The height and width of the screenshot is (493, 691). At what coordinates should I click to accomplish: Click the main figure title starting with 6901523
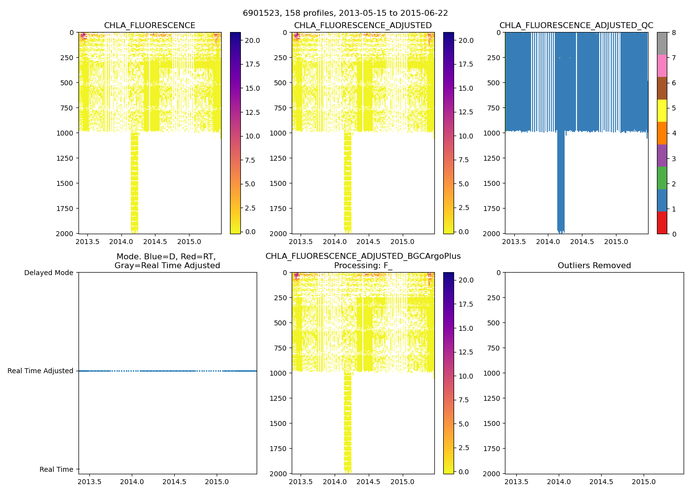[x=345, y=13]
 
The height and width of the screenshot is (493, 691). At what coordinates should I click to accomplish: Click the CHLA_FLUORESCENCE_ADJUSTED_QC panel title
[x=576, y=26]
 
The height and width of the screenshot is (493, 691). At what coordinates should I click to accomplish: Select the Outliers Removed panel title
[x=594, y=266]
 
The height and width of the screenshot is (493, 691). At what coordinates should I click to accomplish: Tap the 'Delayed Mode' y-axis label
[x=48, y=273]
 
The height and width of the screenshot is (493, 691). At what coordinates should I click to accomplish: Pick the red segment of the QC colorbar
[x=662, y=223]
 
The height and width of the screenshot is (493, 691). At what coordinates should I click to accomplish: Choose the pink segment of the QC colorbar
[x=662, y=66]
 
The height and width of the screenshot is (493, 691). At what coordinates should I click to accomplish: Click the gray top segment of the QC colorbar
[x=662, y=43]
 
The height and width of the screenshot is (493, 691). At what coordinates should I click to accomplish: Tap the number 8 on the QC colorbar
[x=674, y=33]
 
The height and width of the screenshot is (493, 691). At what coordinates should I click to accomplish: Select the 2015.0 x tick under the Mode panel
[x=217, y=482]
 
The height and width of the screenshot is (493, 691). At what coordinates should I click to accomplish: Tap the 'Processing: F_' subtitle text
[x=363, y=266]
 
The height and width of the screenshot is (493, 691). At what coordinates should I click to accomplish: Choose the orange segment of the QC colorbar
[x=662, y=133]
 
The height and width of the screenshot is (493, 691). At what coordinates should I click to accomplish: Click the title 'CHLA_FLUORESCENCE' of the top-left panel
[x=150, y=26]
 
